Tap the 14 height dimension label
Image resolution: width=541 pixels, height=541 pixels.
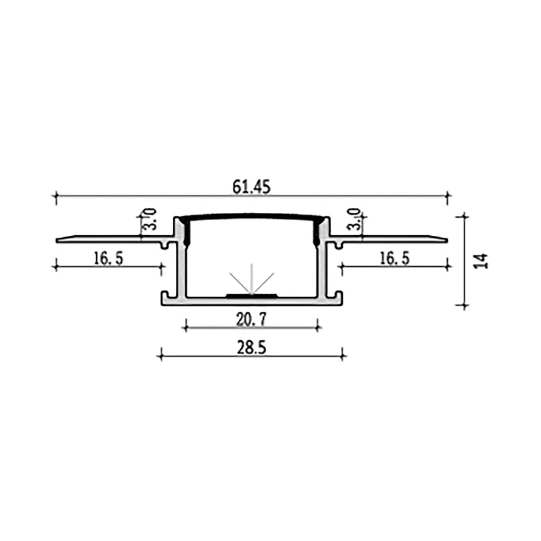482,261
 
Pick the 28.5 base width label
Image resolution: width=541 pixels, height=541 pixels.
252,348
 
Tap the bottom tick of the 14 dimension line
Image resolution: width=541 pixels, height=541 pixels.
466,305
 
